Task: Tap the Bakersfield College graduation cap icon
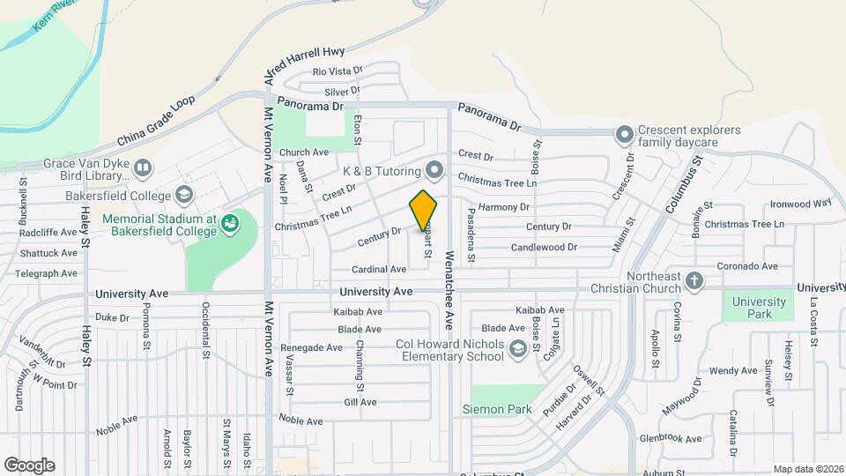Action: click(184, 194)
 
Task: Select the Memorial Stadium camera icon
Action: click(230, 224)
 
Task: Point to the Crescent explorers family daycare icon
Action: click(625, 135)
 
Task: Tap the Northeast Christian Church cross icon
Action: click(694, 280)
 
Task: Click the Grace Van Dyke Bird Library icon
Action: click(141, 166)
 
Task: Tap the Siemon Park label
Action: click(497, 409)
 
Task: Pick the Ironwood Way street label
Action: click(800, 203)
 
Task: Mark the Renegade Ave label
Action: click(311, 347)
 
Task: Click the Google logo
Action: click(29, 465)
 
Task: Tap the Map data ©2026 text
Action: click(806, 469)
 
